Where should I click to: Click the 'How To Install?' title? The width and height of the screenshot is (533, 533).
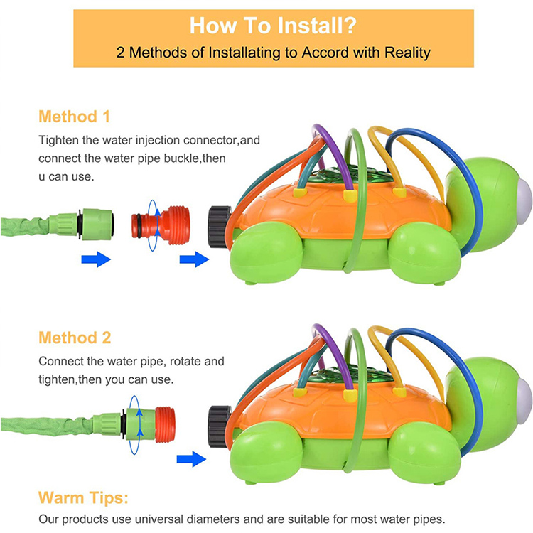pyautogui.click(x=273, y=26)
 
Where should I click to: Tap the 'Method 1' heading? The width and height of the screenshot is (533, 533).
pyautogui.click(x=74, y=117)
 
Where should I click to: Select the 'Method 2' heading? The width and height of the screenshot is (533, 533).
pyautogui.click(x=75, y=338)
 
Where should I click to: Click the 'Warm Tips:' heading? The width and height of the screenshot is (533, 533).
pyautogui.click(x=83, y=497)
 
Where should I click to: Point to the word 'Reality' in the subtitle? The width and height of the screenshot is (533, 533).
pyautogui.click(x=407, y=53)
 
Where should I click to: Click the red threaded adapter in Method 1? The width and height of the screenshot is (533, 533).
pyautogui.click(x=161, y=226)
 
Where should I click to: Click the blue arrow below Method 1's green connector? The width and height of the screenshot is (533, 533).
pyautogui.click(x=96, y=259)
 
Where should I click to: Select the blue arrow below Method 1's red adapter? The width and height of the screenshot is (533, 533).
pyautogui.click(x=194, y=259)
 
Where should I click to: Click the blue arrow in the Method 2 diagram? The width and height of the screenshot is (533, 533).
pyautogui.click(x=191, y=459)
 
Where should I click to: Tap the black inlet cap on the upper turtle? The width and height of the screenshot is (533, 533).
pyautogui.click(x=220, y=227)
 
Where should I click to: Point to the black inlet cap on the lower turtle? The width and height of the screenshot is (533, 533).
pyautogui.click(x=220, y=426)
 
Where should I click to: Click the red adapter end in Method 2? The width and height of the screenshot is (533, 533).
pyautogui.click(x=165, y=424)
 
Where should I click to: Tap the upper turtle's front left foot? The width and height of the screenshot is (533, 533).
pyautogui.click(x=266, y=253)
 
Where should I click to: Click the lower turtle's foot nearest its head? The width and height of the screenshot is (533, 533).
pyautogui.click(x=424, y=454)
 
